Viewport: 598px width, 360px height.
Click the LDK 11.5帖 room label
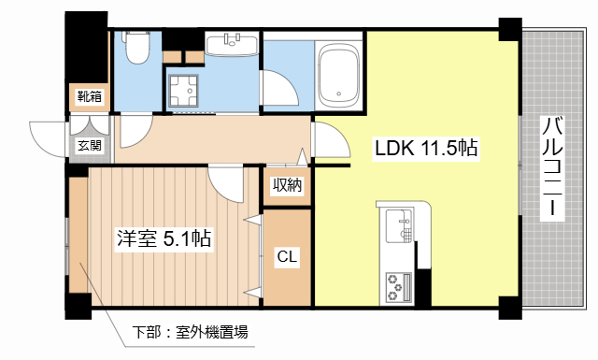(427, 148)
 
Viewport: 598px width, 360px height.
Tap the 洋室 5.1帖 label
(164, 238)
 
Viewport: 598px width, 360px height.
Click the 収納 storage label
(287, 185)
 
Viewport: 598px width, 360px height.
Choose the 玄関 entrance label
(90, 145)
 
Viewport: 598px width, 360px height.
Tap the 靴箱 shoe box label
(90, 96)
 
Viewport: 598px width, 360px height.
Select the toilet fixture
(138, 47)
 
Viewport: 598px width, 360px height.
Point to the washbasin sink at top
(231, 44)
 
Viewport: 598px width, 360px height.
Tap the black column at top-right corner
(509, 27)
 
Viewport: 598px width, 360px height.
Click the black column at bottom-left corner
(77, 305)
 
